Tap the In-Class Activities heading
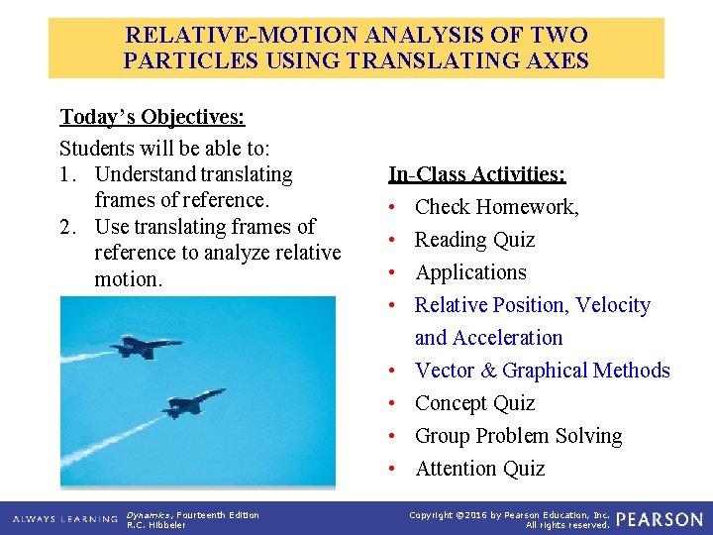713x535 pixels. pos(476,174)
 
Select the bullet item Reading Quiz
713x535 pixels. pos(474,240)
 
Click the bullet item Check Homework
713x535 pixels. pos(496,207)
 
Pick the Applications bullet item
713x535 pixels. pos(470,272)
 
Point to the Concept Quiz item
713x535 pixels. pos(474,403)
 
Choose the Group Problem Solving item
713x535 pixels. pos(518,436)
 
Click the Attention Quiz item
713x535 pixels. pos(479,469)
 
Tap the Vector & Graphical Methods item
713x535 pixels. pos(542,371)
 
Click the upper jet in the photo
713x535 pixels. pos(148,347)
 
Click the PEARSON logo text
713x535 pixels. pos(661,519)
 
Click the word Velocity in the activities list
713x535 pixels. pos(613,305)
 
